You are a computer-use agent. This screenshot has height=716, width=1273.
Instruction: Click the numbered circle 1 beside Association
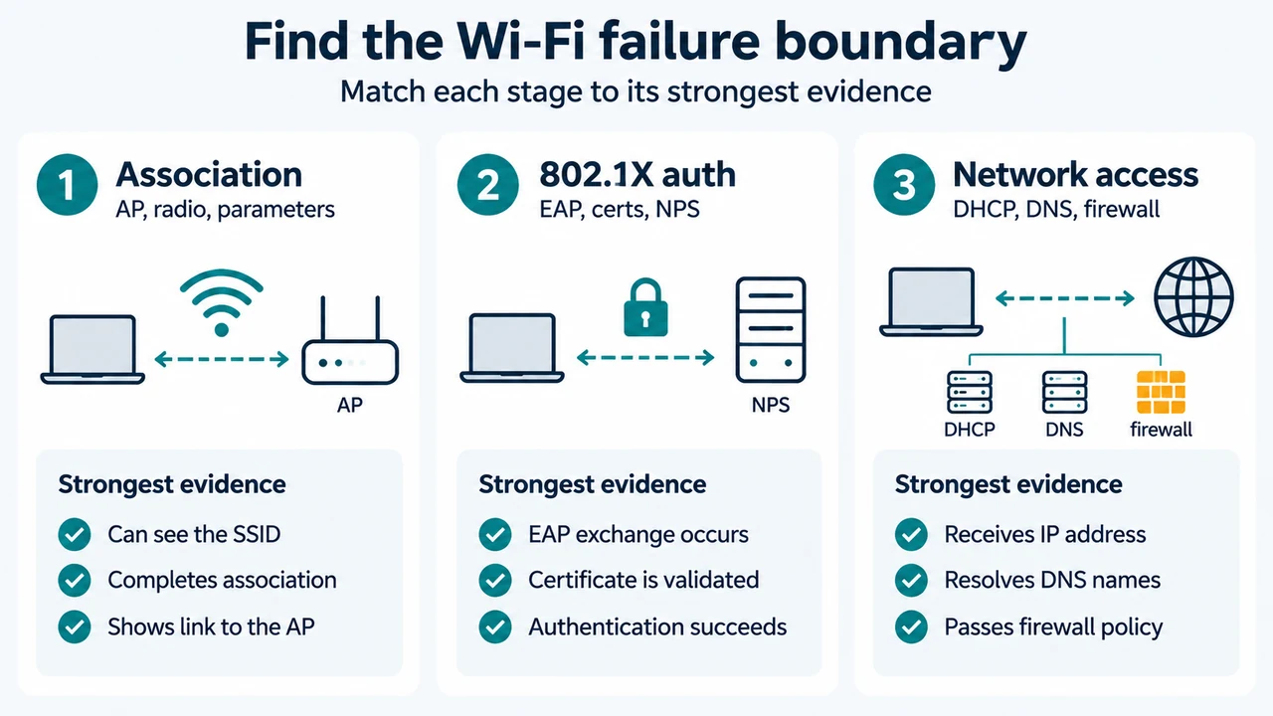tap(67, 185)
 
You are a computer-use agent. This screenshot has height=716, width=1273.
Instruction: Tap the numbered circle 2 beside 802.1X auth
tap(487, 185)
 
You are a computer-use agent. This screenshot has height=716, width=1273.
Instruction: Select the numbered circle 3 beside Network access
tap(904, 185)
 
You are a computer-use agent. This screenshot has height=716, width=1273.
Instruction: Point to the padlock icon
tap(645, 307)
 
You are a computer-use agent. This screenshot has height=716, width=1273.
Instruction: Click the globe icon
tap(1193, 296)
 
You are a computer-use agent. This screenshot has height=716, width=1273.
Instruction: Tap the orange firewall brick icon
tap(1161, 392)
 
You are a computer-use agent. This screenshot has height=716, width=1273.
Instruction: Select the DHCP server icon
tap(970, 392)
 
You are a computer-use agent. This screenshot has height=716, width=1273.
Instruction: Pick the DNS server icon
tap(1064, 392)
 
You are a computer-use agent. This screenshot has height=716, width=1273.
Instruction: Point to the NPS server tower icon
tap(771, 329)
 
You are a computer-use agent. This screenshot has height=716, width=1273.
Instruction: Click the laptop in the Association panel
tap(92, 349)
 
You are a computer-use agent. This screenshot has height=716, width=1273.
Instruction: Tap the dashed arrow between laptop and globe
tap(1065, 298)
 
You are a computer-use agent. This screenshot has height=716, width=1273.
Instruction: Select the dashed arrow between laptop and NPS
tap(645, 357)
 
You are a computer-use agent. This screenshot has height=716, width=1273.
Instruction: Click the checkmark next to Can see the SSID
tap(75, 534)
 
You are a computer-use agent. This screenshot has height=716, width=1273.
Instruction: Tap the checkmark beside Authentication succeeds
tap(495, 626)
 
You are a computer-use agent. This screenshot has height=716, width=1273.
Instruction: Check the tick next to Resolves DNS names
tap(911, 580)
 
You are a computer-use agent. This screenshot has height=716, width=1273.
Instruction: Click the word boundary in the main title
tap(901, 43)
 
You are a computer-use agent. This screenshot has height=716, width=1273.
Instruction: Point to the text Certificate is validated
tap(643, 580)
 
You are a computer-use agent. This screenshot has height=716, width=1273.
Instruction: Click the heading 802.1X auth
tap(637, 174)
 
